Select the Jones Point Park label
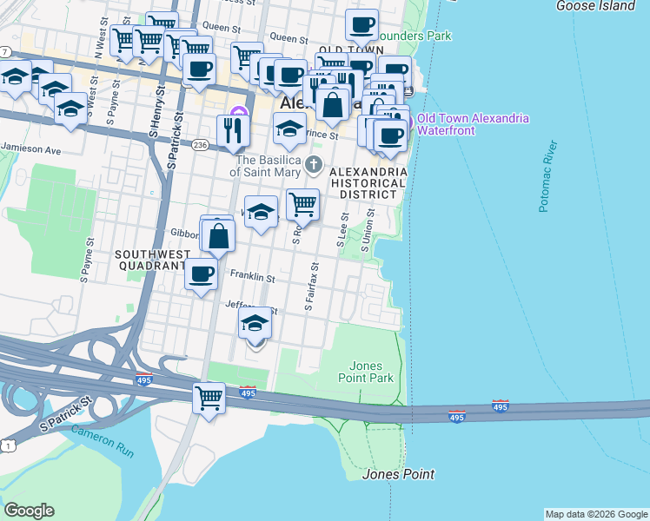[372, 372]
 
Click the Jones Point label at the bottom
[398, 474]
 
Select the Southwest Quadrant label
[149, 260]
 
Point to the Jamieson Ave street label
[30, 150]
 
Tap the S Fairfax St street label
[311, 289]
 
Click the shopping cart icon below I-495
[209, 398]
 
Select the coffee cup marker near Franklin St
[202, 274]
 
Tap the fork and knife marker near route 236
[233, 129]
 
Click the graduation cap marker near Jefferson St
[255, 323]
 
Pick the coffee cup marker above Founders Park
[361, 24]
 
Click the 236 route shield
[200, 144]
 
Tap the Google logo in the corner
[30, 511]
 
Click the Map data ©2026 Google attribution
[595, 514]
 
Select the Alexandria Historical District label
[368, 183]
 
